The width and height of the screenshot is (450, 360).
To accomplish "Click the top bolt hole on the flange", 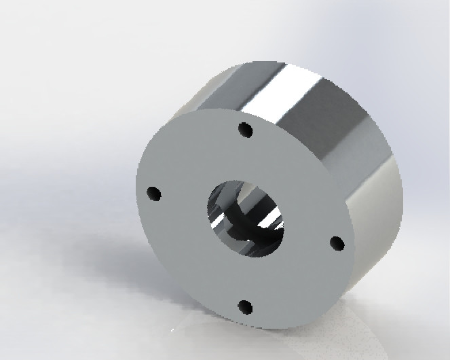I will coord(246,129).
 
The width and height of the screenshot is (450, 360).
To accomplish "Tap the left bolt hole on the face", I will coord(155,194).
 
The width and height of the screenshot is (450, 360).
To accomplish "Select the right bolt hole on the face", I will coord(336,242).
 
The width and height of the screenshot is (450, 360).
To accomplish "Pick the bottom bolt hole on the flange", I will coord(246,307).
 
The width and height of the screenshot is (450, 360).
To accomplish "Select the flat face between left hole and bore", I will coord(180,204).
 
